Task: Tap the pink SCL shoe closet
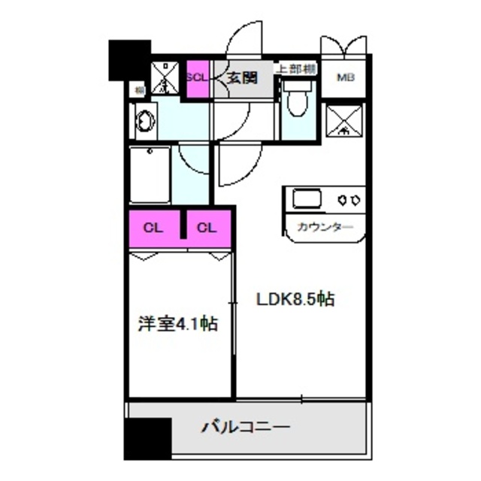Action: click(197, 77)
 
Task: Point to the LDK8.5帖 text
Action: click(295, 299)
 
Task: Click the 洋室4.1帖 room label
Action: click(178, 325)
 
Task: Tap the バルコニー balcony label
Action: click(245, 428)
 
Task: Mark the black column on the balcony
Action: click(147, 438)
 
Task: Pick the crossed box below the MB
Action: click(343, 120)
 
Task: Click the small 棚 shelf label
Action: click(140, 91)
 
